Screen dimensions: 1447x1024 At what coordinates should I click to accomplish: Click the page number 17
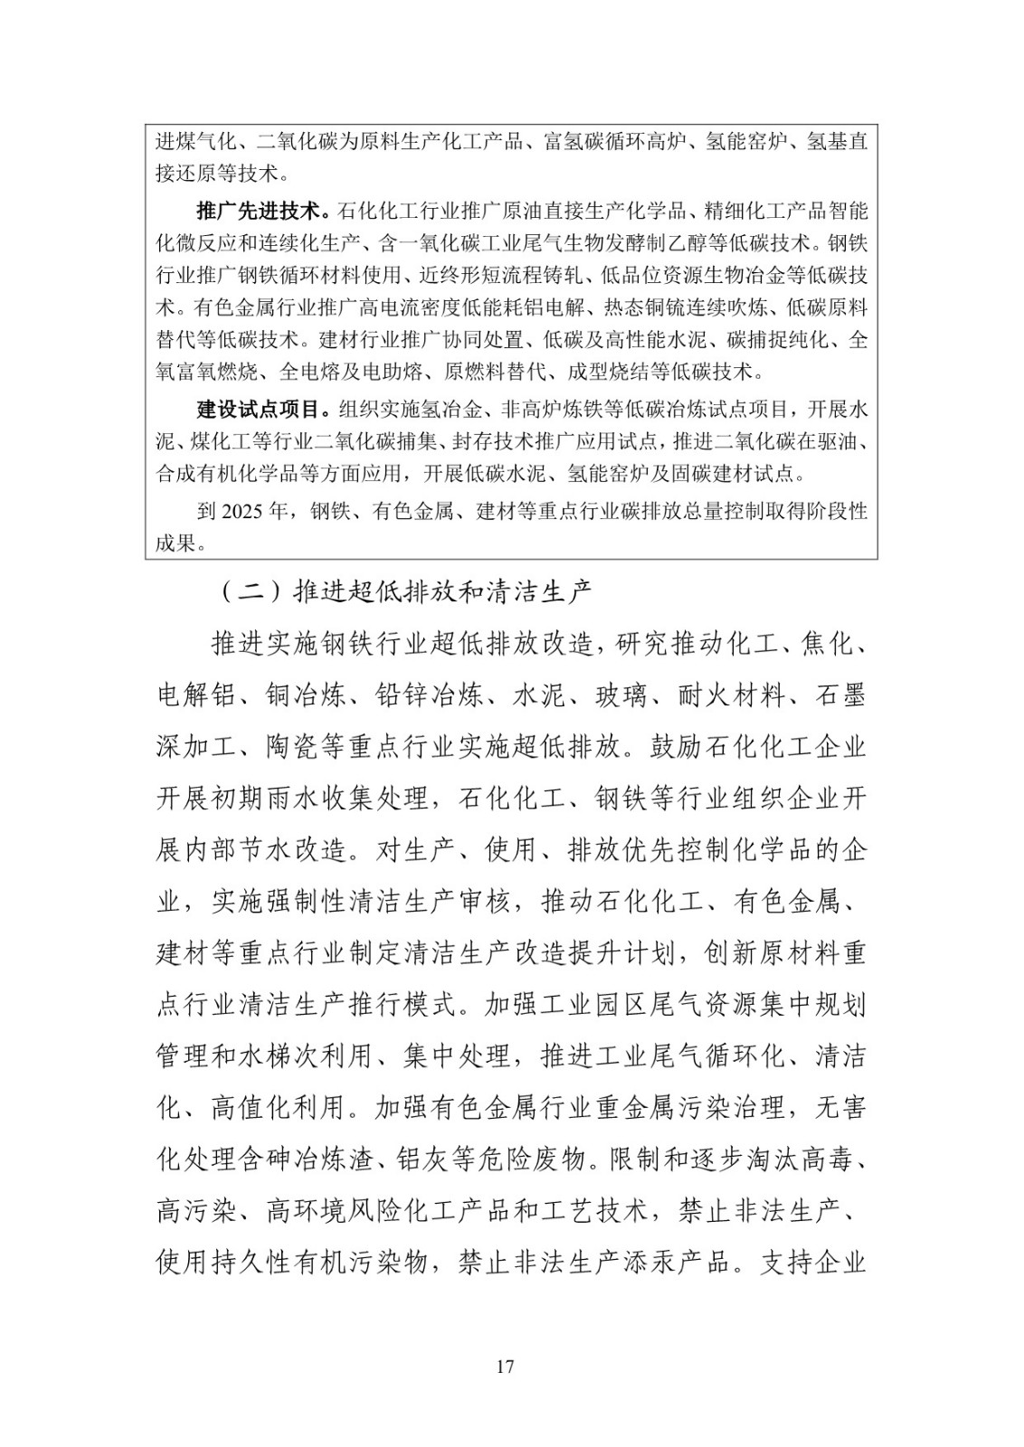click(x=506, y=1366)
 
